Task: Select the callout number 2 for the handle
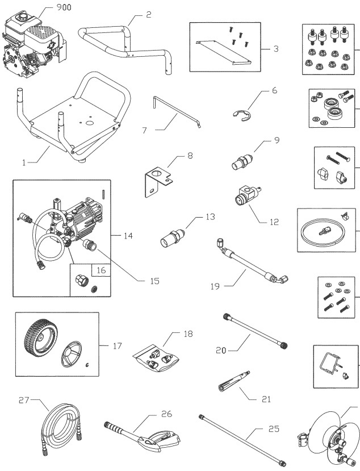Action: click(x=148, y=15)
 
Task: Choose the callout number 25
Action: click(x=273, y=430)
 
